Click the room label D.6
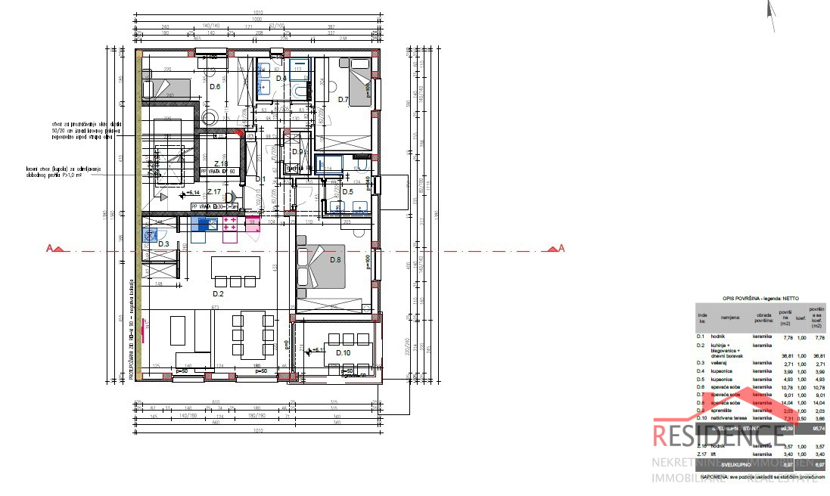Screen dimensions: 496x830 click(x=215, y=88)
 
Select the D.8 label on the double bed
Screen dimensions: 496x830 click(x=336, y=261)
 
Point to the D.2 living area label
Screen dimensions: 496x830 click(x=218, y=293)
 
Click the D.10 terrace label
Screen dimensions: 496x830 click(x=343, y=353)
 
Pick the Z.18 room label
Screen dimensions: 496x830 click(x=221, y=164)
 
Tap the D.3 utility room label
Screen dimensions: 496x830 click(x=163, y=243)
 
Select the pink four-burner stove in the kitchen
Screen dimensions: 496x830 click(x=232, y=224)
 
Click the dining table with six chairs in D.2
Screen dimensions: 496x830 click(x=253, y=335)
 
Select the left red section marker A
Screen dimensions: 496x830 click(x=54, y=248)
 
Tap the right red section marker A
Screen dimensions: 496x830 click(x=559, y=248)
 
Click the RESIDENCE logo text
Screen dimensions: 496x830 click(x=718, y=436)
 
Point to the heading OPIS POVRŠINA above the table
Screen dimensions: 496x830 click(x=749, y=299)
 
